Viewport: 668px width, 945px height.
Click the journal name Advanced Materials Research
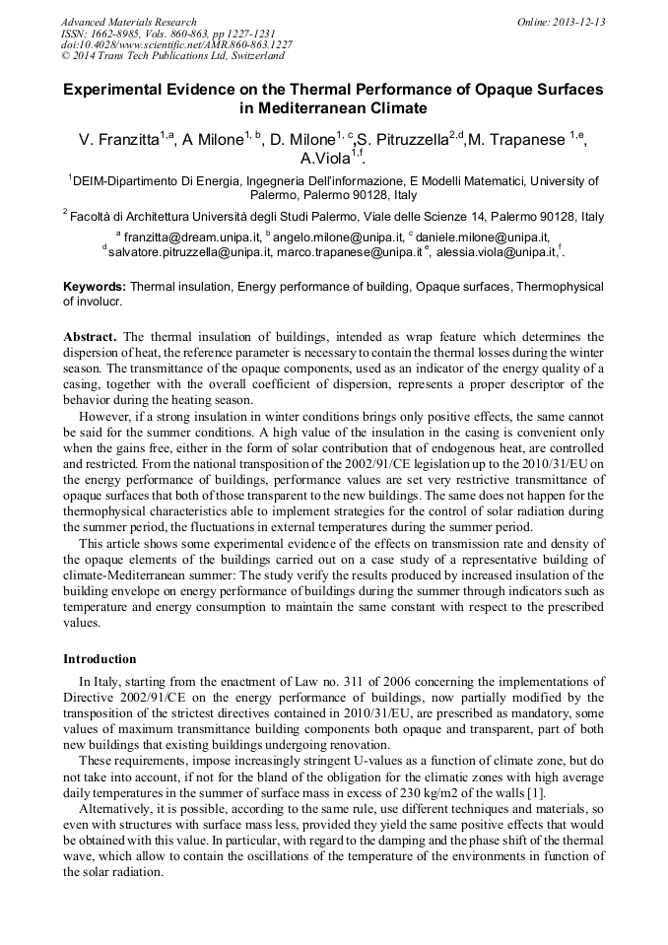(x=128, y=22)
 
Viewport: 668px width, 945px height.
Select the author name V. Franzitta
(x=119, y=140)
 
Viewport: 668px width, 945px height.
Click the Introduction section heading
(x=100, y=659)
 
